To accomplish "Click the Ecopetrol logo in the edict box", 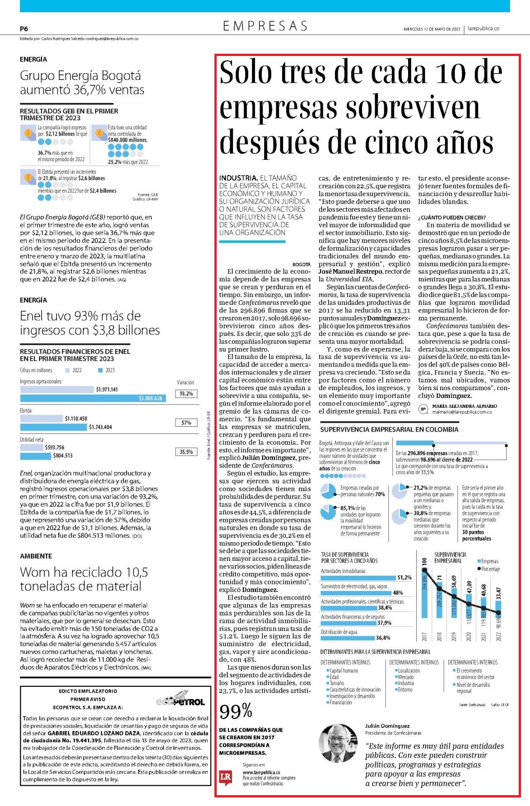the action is pos(180,698).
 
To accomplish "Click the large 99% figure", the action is pos(236,712).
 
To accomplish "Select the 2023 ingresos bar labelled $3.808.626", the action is pos(93,398).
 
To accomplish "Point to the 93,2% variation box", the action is pos(186,394).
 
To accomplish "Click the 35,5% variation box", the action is pos(186,452).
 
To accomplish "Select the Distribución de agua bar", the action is pos(348,638).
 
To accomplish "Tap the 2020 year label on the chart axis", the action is pos(469,636).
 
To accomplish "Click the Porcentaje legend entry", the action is pos(488,569).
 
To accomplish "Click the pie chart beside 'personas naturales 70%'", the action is pos(328,491).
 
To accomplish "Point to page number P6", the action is pos(24,28).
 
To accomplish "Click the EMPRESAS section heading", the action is pos(265,26).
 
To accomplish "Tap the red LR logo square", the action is pos(225,777).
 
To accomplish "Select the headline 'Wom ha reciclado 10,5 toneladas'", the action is pos(84,579).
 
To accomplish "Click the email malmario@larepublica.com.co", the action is pos(462,412).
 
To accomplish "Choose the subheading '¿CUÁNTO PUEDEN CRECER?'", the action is pos(452,217).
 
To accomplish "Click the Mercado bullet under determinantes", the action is pos(404,677).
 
